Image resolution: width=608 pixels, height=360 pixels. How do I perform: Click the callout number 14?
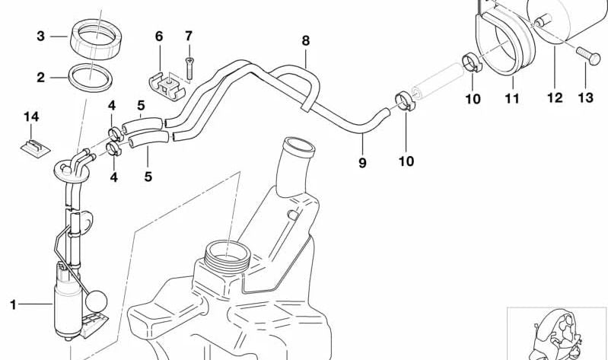[x=31, y=116]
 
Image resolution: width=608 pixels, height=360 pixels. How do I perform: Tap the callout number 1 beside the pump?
[x=13, y=305]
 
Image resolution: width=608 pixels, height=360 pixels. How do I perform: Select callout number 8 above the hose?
[x=306, y=40]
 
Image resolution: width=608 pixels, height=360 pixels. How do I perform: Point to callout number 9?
[x=362, y=163]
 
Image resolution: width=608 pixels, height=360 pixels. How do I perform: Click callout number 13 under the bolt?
[x=585, y=97]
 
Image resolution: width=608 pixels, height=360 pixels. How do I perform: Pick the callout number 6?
[x=159, y=37]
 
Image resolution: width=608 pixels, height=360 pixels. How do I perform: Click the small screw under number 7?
[x=189, y=67]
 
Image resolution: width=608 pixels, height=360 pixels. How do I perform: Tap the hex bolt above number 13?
[x=588, y=56]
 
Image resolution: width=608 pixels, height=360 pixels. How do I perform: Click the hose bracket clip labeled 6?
[x=167, y=86]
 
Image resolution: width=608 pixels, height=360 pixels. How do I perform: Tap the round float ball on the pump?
[x=96, y=301]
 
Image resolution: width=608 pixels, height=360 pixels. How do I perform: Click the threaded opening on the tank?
[x=228, y=256]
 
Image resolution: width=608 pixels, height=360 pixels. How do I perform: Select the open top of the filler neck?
[x=299, y=145]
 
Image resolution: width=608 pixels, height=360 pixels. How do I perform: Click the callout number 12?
[x=555, y=97]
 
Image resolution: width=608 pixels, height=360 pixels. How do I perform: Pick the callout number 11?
[x=512, y=98]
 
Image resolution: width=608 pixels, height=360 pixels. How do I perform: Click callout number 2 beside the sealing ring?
[x=41, y=78]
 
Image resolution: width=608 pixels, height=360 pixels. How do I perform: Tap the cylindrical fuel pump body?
[x=68, y=307]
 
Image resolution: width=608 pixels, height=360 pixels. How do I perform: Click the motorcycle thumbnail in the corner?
[x=557, y=334]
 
